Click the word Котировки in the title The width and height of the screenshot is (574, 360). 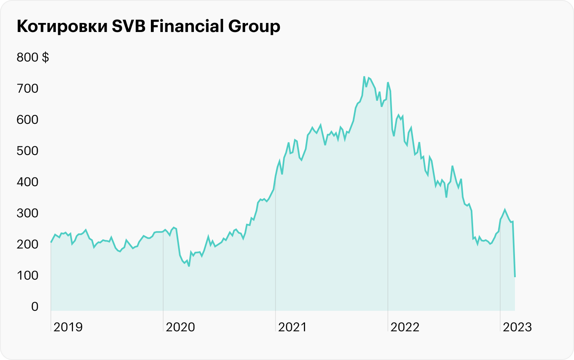(61, 27)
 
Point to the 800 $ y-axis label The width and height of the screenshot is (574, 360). (33, 57)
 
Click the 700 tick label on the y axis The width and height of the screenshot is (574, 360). (27, 89)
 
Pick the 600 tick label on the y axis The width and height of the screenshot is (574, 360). (27, 120)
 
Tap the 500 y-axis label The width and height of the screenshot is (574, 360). (27, 151)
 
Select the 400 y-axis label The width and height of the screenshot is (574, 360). (27, 182)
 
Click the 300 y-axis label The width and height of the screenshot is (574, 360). (27, 213)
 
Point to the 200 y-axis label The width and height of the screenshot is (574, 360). (27, 244)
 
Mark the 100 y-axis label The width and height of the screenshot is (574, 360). (27, 276)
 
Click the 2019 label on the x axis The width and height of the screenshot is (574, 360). (68, 327)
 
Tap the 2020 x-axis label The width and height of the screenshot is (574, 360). (180, 327)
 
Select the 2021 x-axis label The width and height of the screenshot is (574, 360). (292, 327)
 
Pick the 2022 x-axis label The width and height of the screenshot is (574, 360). (405, 327)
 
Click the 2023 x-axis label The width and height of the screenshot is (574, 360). (517, 327)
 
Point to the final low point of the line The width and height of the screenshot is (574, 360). (515, 277)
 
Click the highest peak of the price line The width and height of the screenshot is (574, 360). (364, 77)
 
